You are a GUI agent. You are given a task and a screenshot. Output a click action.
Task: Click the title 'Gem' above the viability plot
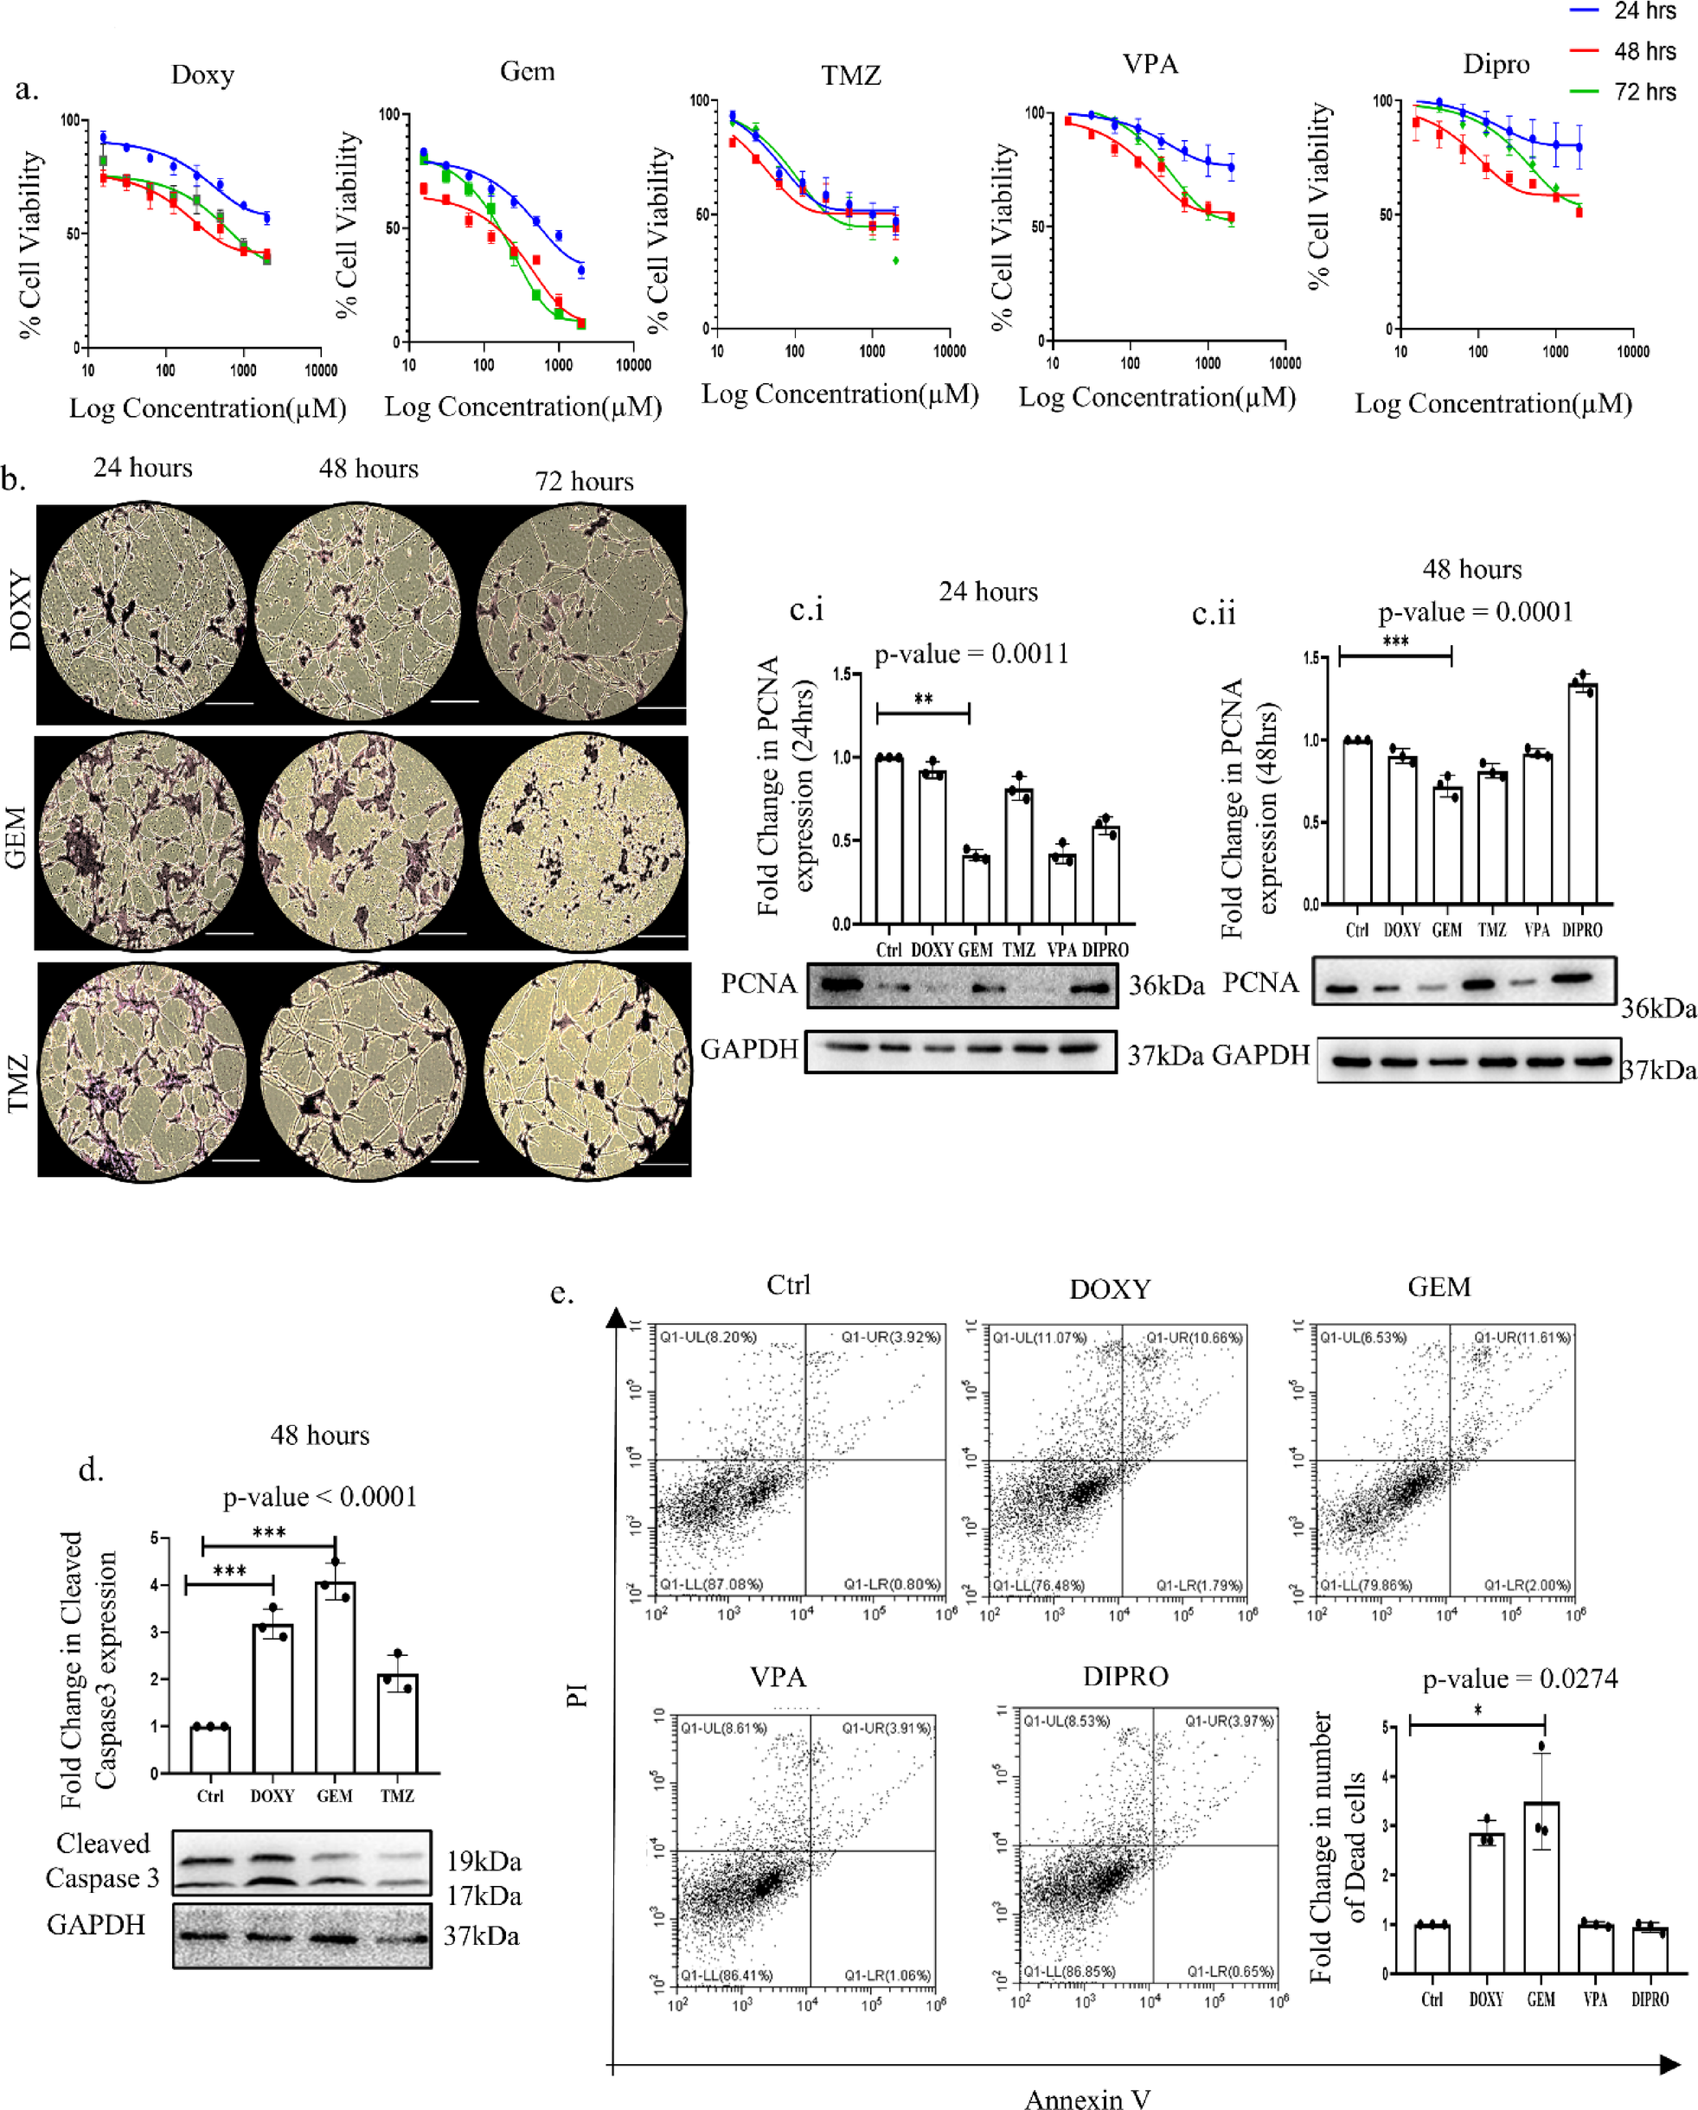coord(527,72)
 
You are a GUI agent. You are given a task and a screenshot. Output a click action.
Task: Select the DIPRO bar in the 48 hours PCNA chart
coord(1581,793)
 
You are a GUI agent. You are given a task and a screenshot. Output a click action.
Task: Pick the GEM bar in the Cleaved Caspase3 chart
coord(335,1677)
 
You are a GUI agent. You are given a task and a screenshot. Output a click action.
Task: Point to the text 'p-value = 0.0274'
coord(1519,1679)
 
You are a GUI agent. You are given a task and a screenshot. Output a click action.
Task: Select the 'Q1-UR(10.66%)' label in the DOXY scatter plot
coord(1193,1337)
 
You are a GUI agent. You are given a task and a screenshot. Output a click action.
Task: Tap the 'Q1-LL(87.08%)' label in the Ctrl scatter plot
coord(710,1583)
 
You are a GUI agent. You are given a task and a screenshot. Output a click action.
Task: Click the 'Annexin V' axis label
coord(1086,2097)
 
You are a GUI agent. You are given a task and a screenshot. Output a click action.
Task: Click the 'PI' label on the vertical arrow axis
coord(578,1694)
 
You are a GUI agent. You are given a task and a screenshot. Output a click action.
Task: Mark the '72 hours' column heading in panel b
coord(583,482)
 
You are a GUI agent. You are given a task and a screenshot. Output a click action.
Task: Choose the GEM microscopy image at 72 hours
coord(583,842)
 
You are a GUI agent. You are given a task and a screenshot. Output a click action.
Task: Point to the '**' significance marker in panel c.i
coord(923,700)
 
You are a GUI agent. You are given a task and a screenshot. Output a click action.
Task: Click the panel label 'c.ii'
coord(1213,614)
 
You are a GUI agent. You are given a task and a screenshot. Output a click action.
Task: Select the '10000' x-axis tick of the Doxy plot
coord(320,371)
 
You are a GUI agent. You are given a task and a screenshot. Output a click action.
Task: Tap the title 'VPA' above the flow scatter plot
coord(778,1677)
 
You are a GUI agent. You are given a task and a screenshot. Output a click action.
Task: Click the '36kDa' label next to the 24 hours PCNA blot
coord(1166,986)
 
